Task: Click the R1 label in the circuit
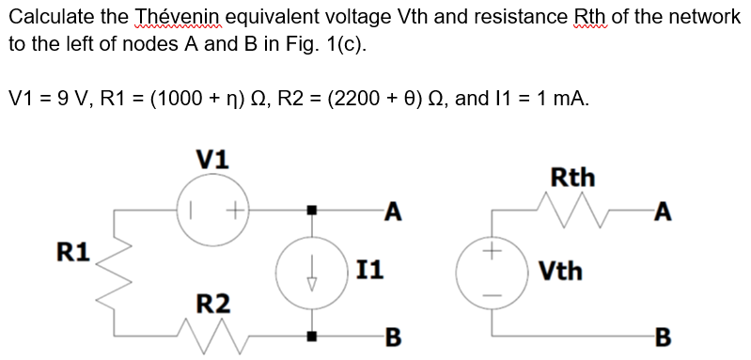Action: [x=73, y=252]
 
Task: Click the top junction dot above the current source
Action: [x=312, y=208]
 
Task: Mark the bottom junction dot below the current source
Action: [x=312, y=335]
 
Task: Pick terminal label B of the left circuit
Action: [x=394, y=335]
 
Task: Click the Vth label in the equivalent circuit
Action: [x=560, y=272]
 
